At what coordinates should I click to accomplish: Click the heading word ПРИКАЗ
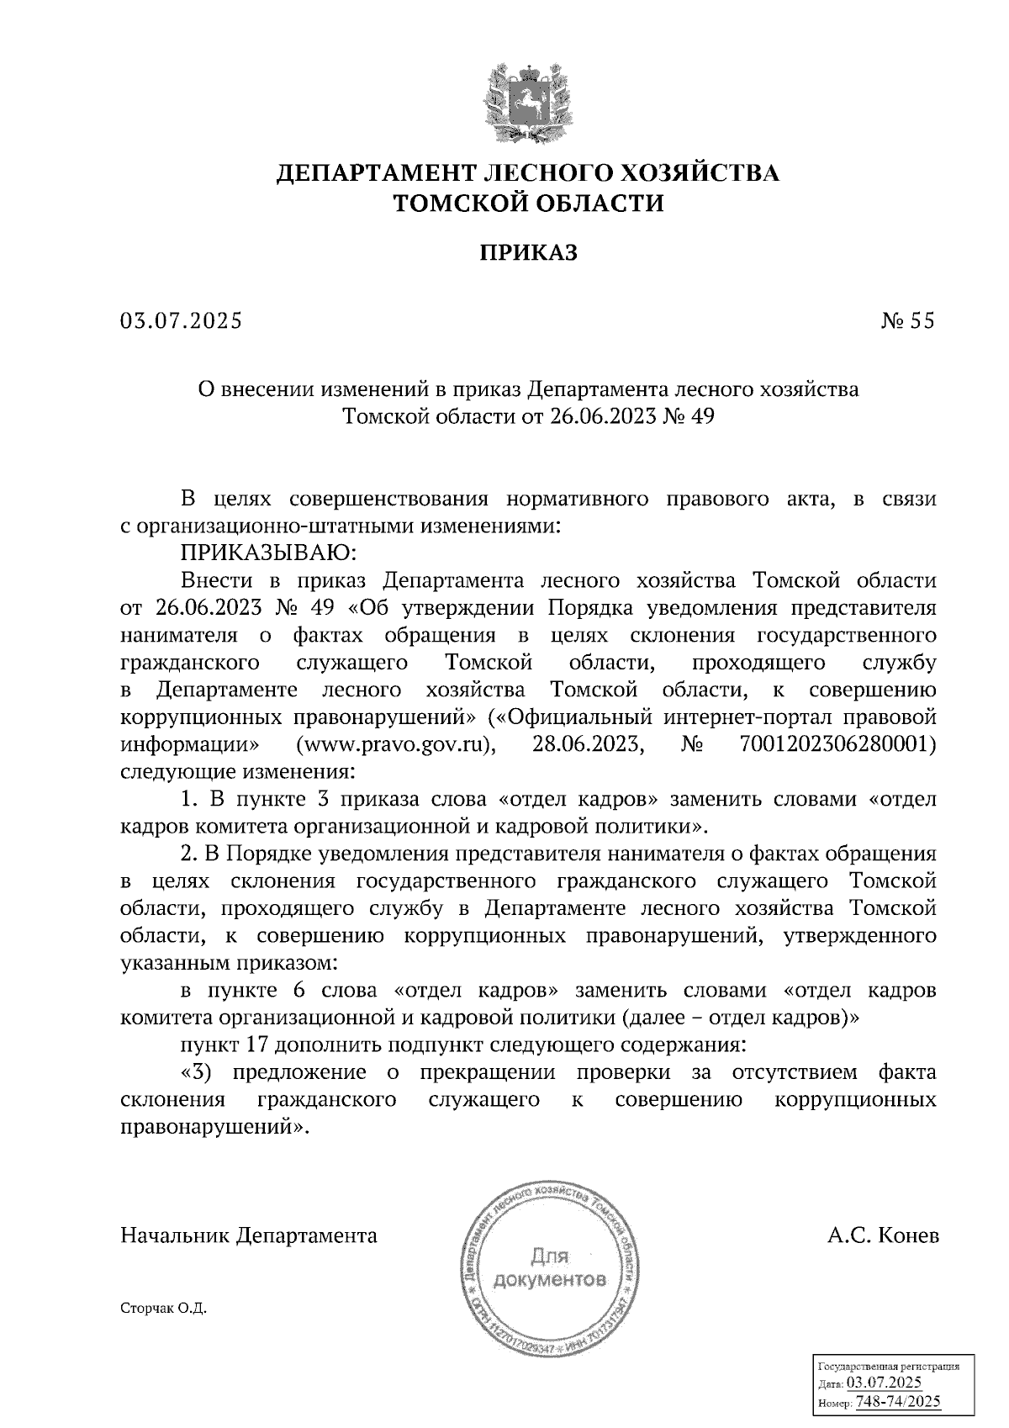pyautogui.click(x=529, y=253)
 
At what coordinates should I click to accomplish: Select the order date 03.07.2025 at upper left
pyautogui.click(x=181, y=320)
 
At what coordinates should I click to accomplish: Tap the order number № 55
pyautogui.click(x=908, y=320)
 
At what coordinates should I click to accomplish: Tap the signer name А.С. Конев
pyautogui.click(x=883, y=1235)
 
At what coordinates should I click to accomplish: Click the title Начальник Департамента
pyautogui.click(x=249, y=1235)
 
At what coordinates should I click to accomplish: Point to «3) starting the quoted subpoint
pyautogui.click(x=200, y=1073)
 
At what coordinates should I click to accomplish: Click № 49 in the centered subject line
pyautogui.click(x=687, y=416)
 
